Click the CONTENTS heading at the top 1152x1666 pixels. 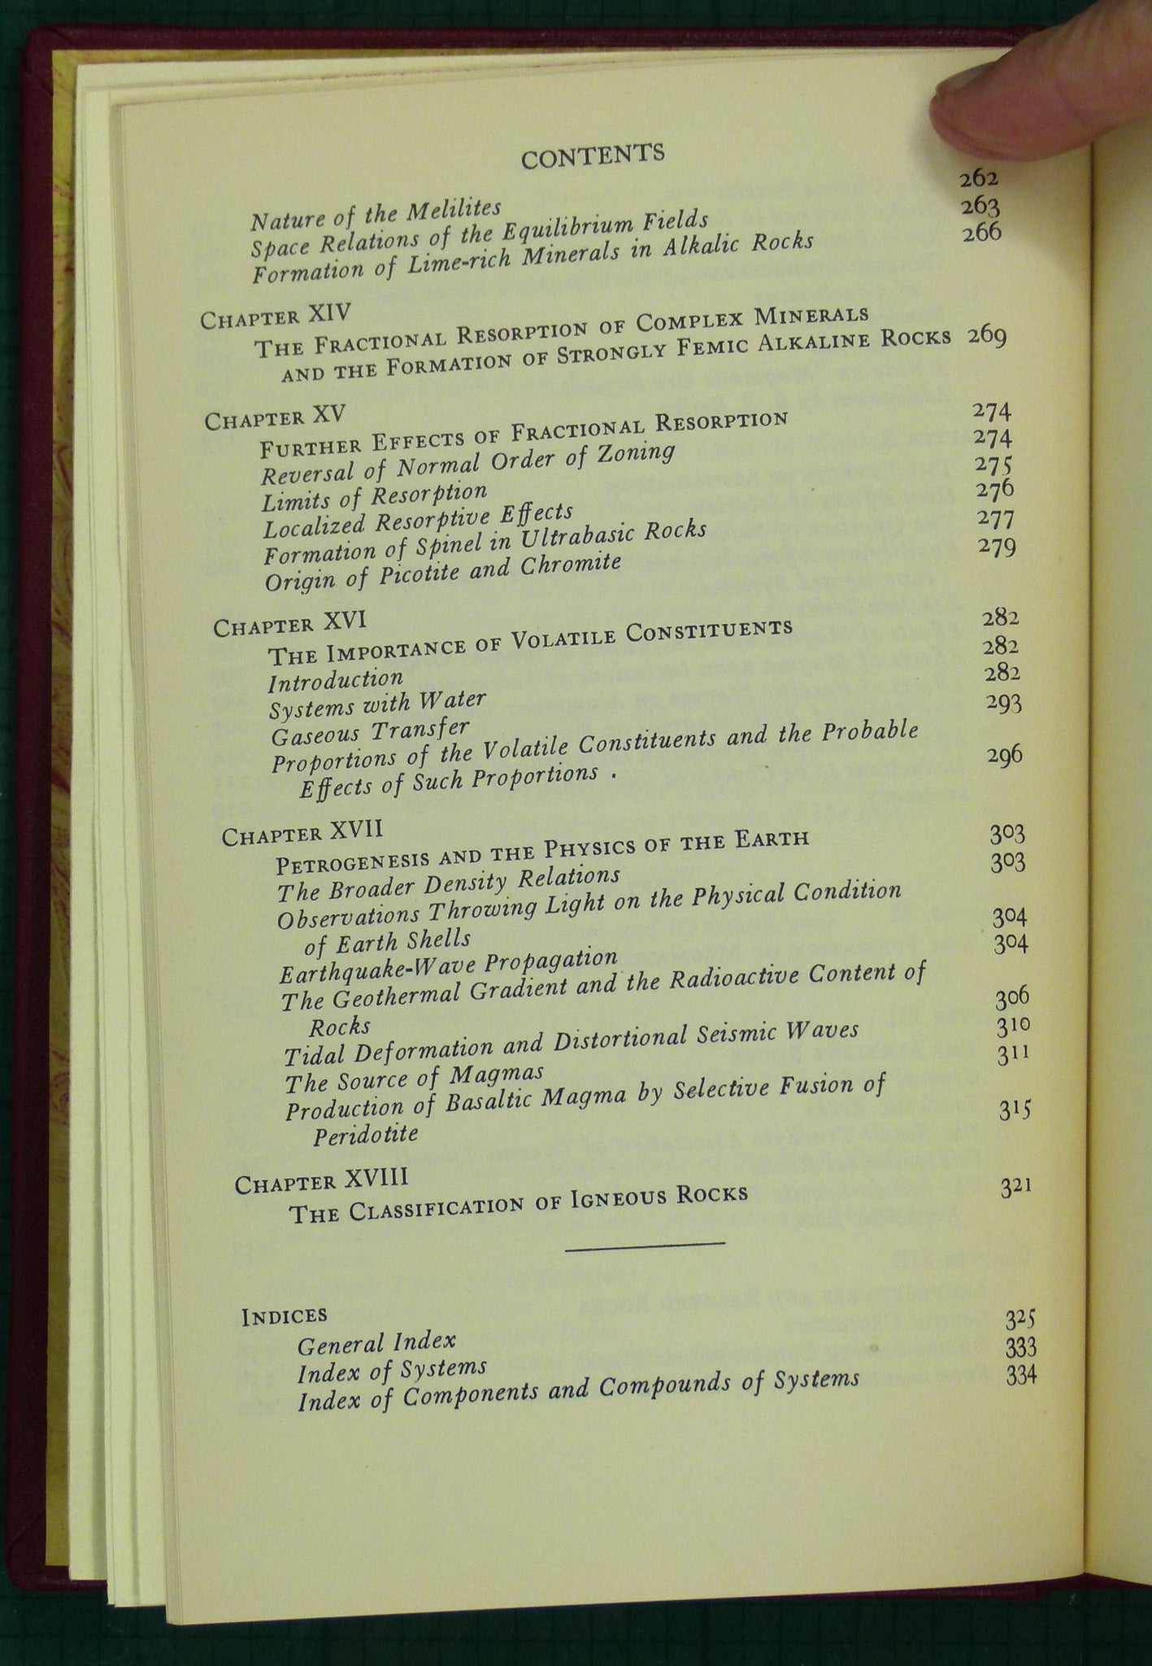tap(593, 155)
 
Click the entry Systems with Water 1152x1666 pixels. tap(377, 703)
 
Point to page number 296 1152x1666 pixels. tap(1004, 755)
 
